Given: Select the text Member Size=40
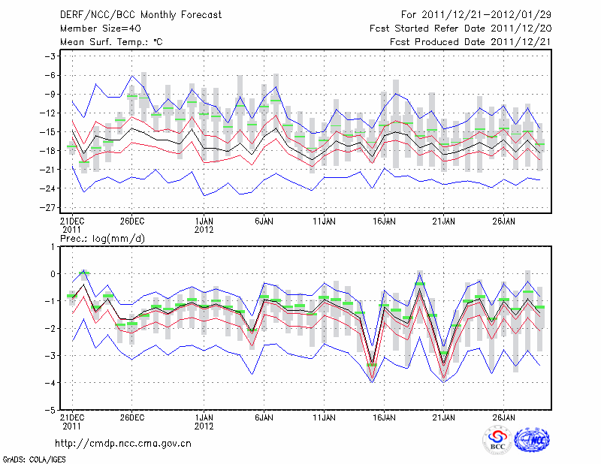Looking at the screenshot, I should [95, 29].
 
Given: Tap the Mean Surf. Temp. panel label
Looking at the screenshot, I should [111, 42].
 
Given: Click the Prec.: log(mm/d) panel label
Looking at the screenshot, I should [102, 238].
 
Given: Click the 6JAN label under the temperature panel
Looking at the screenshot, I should [264, 221].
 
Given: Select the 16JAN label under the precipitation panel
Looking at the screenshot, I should [384, 417].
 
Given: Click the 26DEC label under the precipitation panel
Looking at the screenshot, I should [131, 417].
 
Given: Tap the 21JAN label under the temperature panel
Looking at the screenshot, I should [444, 221].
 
